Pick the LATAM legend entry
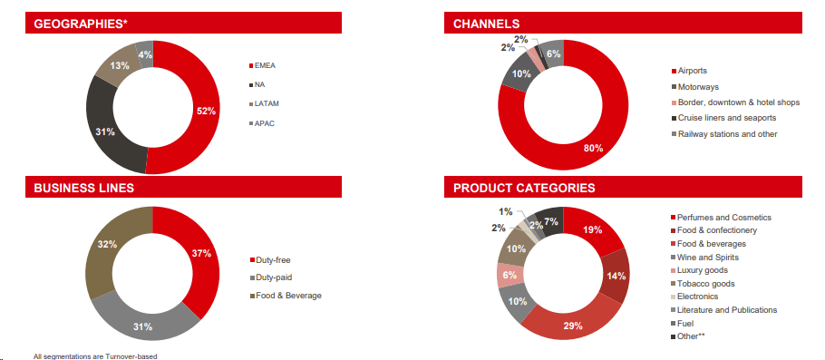272,103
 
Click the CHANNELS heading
486,23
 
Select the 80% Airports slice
594,148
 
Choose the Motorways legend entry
701,86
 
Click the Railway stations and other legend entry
727,133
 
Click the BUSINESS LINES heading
83,189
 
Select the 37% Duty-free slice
200,253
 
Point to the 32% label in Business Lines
106,244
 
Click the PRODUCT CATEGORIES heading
524,189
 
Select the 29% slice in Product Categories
573,325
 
